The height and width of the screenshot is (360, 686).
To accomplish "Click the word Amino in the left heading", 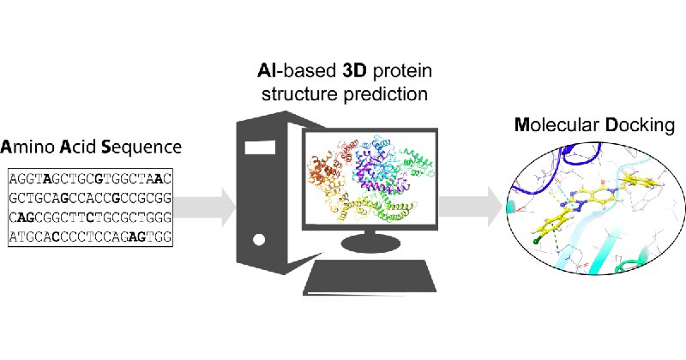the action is (27, 147).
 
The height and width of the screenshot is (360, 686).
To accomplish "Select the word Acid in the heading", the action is (78, 147).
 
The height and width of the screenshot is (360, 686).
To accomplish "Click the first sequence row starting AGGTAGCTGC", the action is (90, 178).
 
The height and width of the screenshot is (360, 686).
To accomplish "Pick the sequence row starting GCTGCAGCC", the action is (90, 198).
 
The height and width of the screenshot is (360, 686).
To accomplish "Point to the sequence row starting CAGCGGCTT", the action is (90, 217).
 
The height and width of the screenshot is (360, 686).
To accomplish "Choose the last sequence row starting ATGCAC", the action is (90, 237).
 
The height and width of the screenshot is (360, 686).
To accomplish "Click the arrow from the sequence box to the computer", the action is (205, 207).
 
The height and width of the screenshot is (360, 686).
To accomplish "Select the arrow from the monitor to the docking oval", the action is (471, 207).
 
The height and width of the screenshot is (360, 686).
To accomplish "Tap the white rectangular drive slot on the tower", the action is (260, 147).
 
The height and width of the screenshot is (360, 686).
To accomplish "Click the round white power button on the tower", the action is (259, 240).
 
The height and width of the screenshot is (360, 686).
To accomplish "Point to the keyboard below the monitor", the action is (370, 278).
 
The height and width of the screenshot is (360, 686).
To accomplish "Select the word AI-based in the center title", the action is (296, 71).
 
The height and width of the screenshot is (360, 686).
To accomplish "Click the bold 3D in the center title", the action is (354, 71).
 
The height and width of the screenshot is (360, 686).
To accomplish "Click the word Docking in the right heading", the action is (640, 126).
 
